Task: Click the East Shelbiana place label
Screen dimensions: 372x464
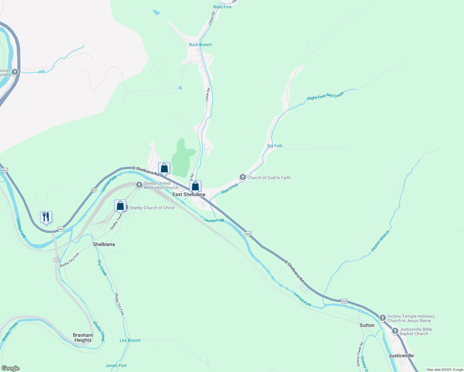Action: (189, 195)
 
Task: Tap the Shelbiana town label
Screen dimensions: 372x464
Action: (104, 244)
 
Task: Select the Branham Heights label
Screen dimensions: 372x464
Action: (83, 338)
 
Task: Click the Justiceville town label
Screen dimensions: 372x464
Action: (401, 356)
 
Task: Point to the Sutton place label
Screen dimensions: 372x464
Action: (367, 325)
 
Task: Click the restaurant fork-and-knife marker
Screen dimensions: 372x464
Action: (46, 217)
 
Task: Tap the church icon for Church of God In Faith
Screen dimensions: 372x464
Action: (243, 177)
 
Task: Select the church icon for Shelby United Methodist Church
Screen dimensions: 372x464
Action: (139, 185)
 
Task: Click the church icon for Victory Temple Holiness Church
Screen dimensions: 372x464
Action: (382, 318)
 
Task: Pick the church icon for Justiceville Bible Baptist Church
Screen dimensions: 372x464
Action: (395, 331)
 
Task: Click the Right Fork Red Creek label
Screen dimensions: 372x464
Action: (325, 96)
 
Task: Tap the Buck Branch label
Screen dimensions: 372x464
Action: (200, 45)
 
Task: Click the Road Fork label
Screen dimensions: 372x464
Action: (222, 7)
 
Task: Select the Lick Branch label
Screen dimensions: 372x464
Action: (130, 340)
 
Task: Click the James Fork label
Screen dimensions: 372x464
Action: (116, 365)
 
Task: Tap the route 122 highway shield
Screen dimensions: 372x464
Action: (57, 259)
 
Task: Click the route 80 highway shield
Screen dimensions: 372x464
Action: (94, 190)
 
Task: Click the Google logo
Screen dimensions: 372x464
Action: (10, 368)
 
